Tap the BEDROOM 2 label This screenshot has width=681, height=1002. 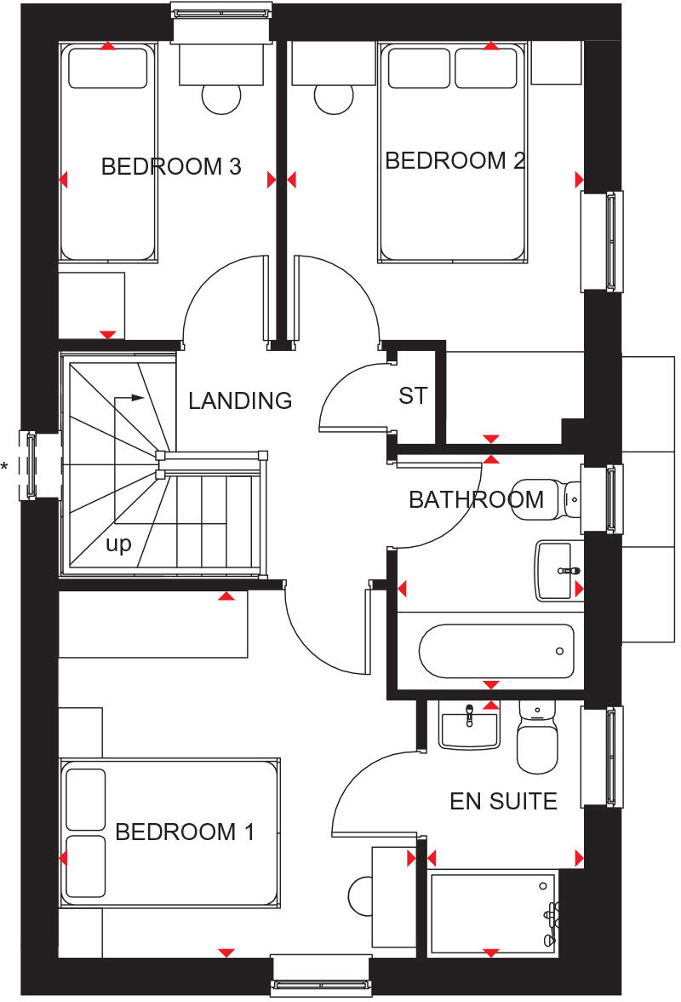click(x=455, y=161)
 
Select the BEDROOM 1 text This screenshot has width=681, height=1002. click(x=185, y=832)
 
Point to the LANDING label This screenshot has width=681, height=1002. click(x=240, y=400)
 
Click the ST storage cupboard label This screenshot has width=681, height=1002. click(x=413, y=396)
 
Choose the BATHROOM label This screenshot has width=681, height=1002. click(x=476, y=499)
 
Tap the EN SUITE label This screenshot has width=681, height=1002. click(x=503, y=801)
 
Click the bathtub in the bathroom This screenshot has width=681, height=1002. click(x=496, y=651)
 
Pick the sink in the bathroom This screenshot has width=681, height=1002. click(x=559, y=570)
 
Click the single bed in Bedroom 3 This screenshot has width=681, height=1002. click(x=108, y=153)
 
